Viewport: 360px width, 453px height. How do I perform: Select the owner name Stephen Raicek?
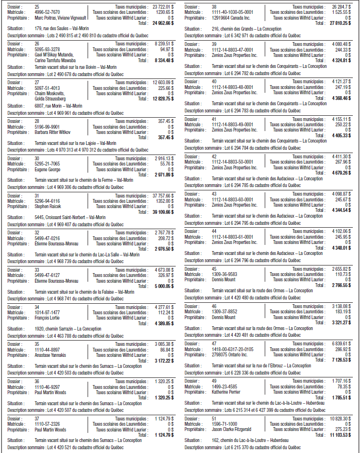(47, 206)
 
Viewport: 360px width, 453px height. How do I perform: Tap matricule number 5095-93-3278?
(47, 49)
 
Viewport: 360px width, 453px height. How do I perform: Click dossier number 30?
(37, 158)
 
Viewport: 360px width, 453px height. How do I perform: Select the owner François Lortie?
(48, 318)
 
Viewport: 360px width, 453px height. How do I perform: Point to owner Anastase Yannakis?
(50, 355)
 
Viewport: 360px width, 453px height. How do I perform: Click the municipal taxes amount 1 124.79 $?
(164, 419)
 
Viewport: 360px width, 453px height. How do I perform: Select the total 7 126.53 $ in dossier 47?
(341, 360)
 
